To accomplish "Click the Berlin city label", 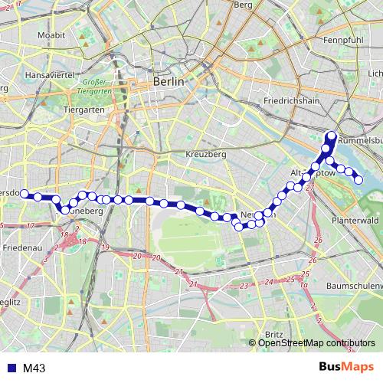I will coord(169,81).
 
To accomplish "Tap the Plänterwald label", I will coord(352,221).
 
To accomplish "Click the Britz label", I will coord(273,335).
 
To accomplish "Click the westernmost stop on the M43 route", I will coord(24,194).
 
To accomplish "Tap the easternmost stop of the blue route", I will coord(358,179).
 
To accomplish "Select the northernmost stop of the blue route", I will coord(332,136).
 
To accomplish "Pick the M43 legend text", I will coord(34,368).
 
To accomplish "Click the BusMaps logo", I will coord(346,368).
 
